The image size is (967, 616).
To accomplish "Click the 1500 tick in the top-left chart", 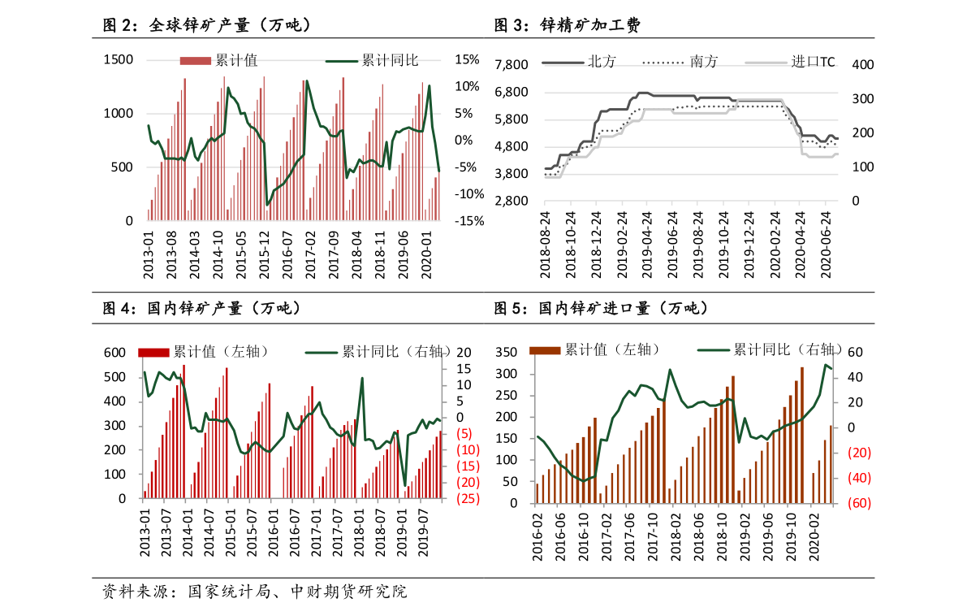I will tap(119, 59).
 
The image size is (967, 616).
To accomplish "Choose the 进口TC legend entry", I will tap(813, 62).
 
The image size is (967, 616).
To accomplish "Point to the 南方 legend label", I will tap(702, 62).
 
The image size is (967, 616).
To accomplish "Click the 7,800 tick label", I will tap(512, 65).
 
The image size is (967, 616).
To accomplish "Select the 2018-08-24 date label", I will tap(546, 244).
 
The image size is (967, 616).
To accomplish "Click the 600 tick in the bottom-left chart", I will tap(114, 353).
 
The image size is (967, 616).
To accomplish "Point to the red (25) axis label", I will tap(467, 498).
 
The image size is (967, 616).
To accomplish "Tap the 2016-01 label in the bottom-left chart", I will tap(273, 532).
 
